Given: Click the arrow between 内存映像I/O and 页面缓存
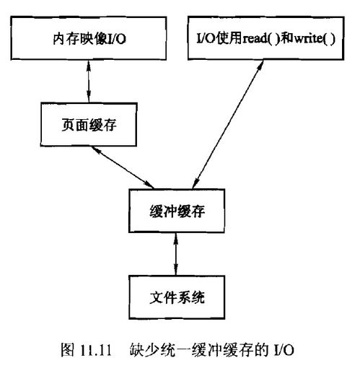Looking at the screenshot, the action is point(89,82).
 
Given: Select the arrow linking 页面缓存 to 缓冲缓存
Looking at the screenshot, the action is point(123,167).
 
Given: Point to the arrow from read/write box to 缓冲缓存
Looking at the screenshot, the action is point(228,124).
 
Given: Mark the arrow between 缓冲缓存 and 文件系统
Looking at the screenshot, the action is point(176,254).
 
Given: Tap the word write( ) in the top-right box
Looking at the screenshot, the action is point(315,38).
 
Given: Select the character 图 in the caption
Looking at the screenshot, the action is point(67,350).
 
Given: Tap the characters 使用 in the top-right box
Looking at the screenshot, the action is point(229,38).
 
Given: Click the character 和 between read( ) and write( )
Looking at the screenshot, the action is point(286,38).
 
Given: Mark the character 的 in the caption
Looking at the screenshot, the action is point(261,350).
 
